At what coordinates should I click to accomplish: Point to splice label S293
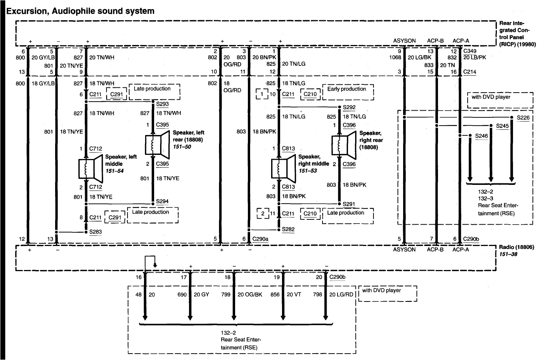tap(162, 104)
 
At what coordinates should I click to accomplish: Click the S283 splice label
tap(95, 232)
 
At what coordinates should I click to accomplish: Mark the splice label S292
tap(349, 108)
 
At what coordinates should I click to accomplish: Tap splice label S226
tap(523, 118)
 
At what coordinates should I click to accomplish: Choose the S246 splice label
tap(481, 136)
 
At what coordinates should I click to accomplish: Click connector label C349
tap(470, 51)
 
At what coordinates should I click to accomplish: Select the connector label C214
tap(470, 72)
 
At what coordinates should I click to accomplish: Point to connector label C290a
tap(260, 239)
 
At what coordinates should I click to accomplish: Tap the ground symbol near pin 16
tap(155, 265)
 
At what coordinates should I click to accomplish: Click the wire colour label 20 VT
tap(294, 295)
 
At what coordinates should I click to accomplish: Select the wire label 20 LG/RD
tap(341, 295)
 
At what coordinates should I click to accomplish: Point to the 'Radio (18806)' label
tap(516, 247)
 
